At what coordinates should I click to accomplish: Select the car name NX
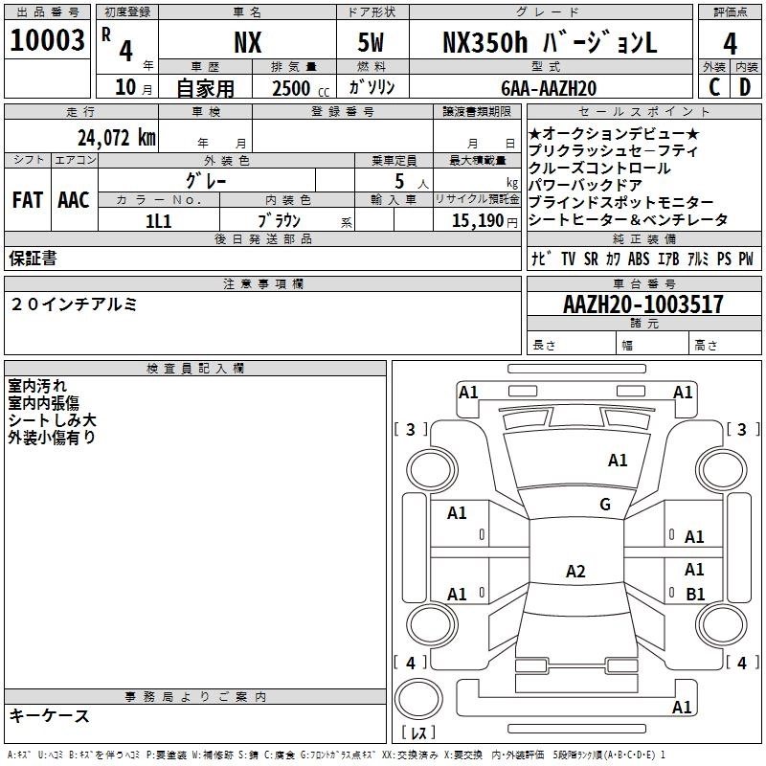click(x=249, y=42)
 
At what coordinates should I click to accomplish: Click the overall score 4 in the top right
click(x=731, y=42)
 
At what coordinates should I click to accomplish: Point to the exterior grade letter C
click(x=713, y=87)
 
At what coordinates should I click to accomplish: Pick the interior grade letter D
click(x=746, y=87)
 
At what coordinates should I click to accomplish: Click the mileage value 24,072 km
click(x=117, y=137)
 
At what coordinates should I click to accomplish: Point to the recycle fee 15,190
click(x=477, y=219)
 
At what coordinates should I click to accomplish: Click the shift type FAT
click(x=27, y=199)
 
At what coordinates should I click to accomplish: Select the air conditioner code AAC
click(x=73, y=199)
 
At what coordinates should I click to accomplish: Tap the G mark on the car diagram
click(x=605, y=505)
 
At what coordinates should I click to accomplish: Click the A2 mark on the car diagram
click(x=575, y=572)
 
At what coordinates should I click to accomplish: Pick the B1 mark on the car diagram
click(x=695, y=594)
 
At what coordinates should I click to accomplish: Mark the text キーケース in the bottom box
click(x=50, y=715)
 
